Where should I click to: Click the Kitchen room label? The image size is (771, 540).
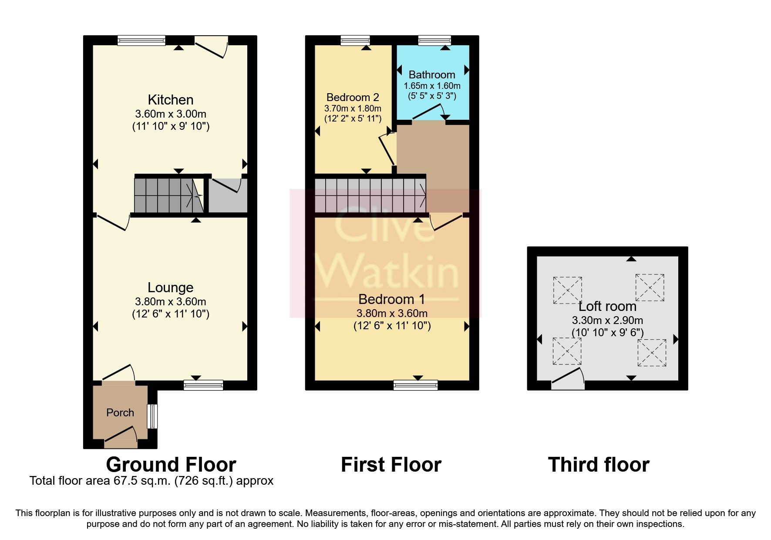tap(171, 100)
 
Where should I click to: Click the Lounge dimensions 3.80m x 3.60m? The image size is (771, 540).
tap(171, 301)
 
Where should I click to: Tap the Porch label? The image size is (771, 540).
tap(120, 412)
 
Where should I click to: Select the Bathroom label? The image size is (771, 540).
tap(432, 74)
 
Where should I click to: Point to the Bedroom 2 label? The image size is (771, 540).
tap(353, 97)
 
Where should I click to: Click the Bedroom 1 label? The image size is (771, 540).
tap(391, 299)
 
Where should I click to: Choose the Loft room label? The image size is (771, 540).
tap(607, 306)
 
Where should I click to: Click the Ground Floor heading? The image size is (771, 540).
tap(171, 464)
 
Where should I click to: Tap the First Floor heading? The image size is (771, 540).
tap(391, 464)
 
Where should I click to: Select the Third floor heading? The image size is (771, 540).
tap(599, 464)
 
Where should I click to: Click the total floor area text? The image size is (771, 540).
tap(151, 481)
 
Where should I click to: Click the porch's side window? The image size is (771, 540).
tap(152, 416)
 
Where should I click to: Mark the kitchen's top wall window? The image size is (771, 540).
tap(141, 40)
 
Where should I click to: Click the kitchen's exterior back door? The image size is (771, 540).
tap(212, 46)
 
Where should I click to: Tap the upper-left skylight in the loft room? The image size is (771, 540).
tap(567, 290)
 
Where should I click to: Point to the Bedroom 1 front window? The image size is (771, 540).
tap(415, 385)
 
